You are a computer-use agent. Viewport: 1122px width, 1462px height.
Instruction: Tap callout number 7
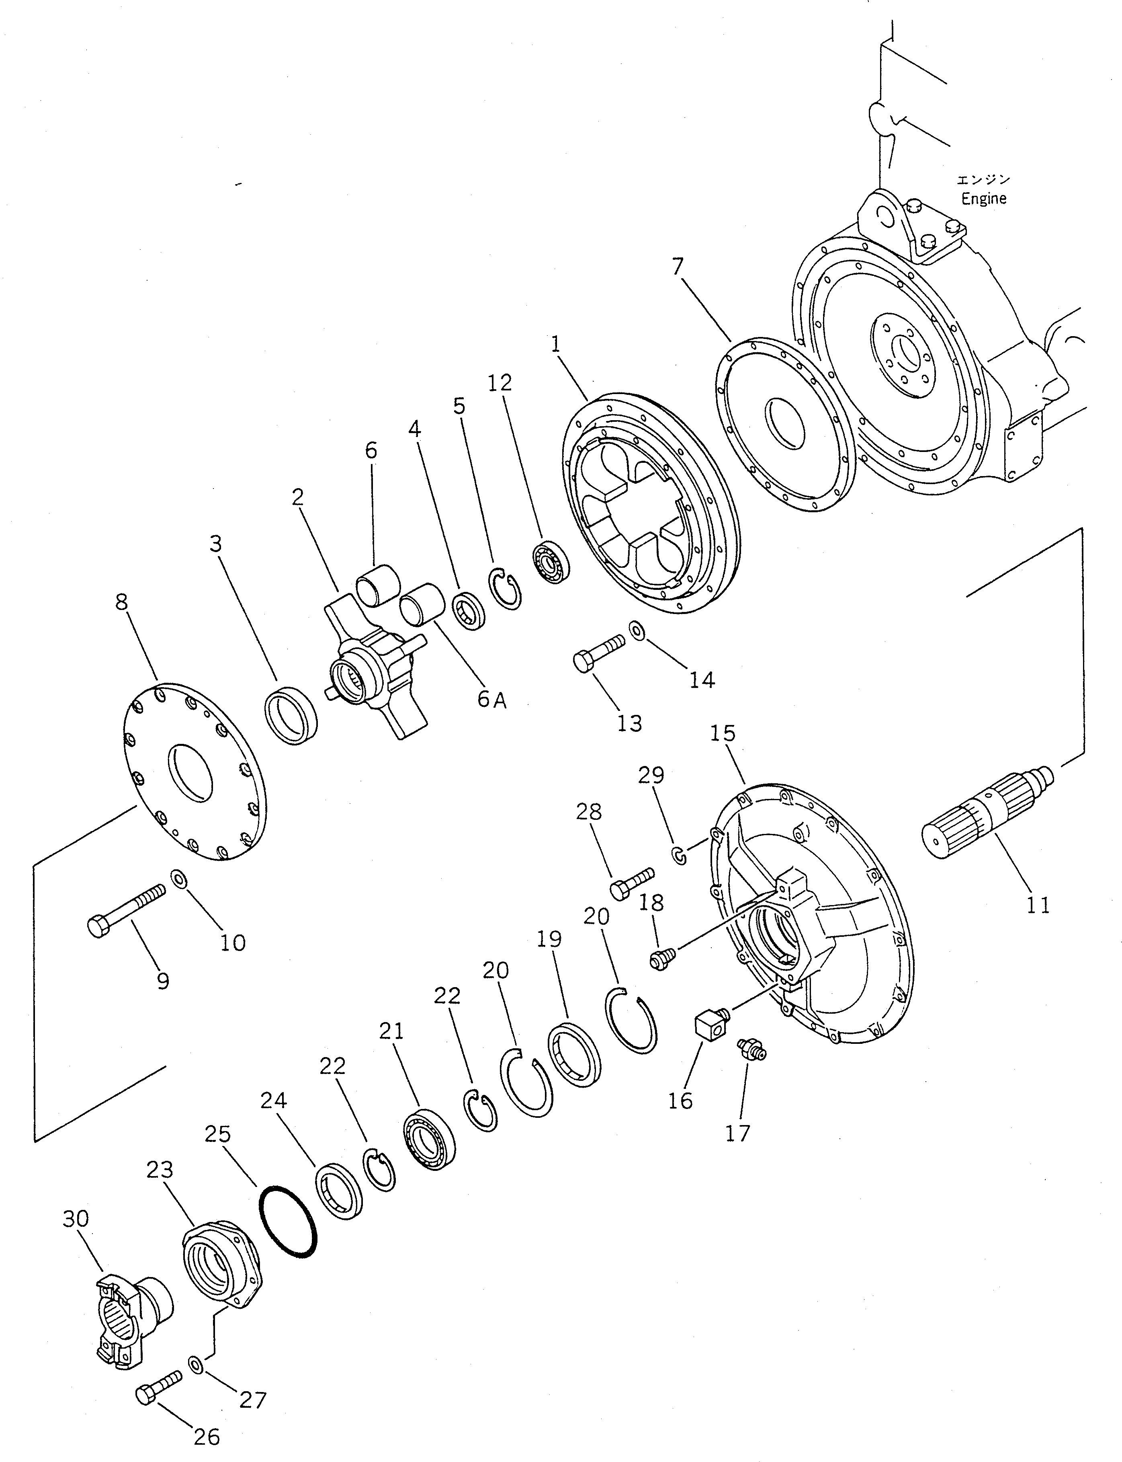pos(678,267)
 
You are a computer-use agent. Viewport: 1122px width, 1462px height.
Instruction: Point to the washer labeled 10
pos(179,878)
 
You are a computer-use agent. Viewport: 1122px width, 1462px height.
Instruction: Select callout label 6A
pos(491,700)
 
